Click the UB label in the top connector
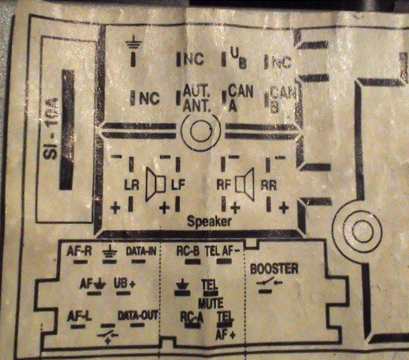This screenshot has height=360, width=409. [x=237, y=58]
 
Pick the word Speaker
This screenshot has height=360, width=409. [x=209, y=221]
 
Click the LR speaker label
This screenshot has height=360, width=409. [x=131, y=184]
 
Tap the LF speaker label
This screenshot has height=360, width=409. [x=177, y=184]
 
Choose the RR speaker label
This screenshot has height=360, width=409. [x=269, y=184]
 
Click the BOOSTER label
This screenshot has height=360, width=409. [x=274, y=268]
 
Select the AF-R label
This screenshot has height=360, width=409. [x=79, y=250]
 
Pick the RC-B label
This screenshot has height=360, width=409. [x=188, y=250]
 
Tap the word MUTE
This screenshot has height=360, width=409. [x=210, y=303]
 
